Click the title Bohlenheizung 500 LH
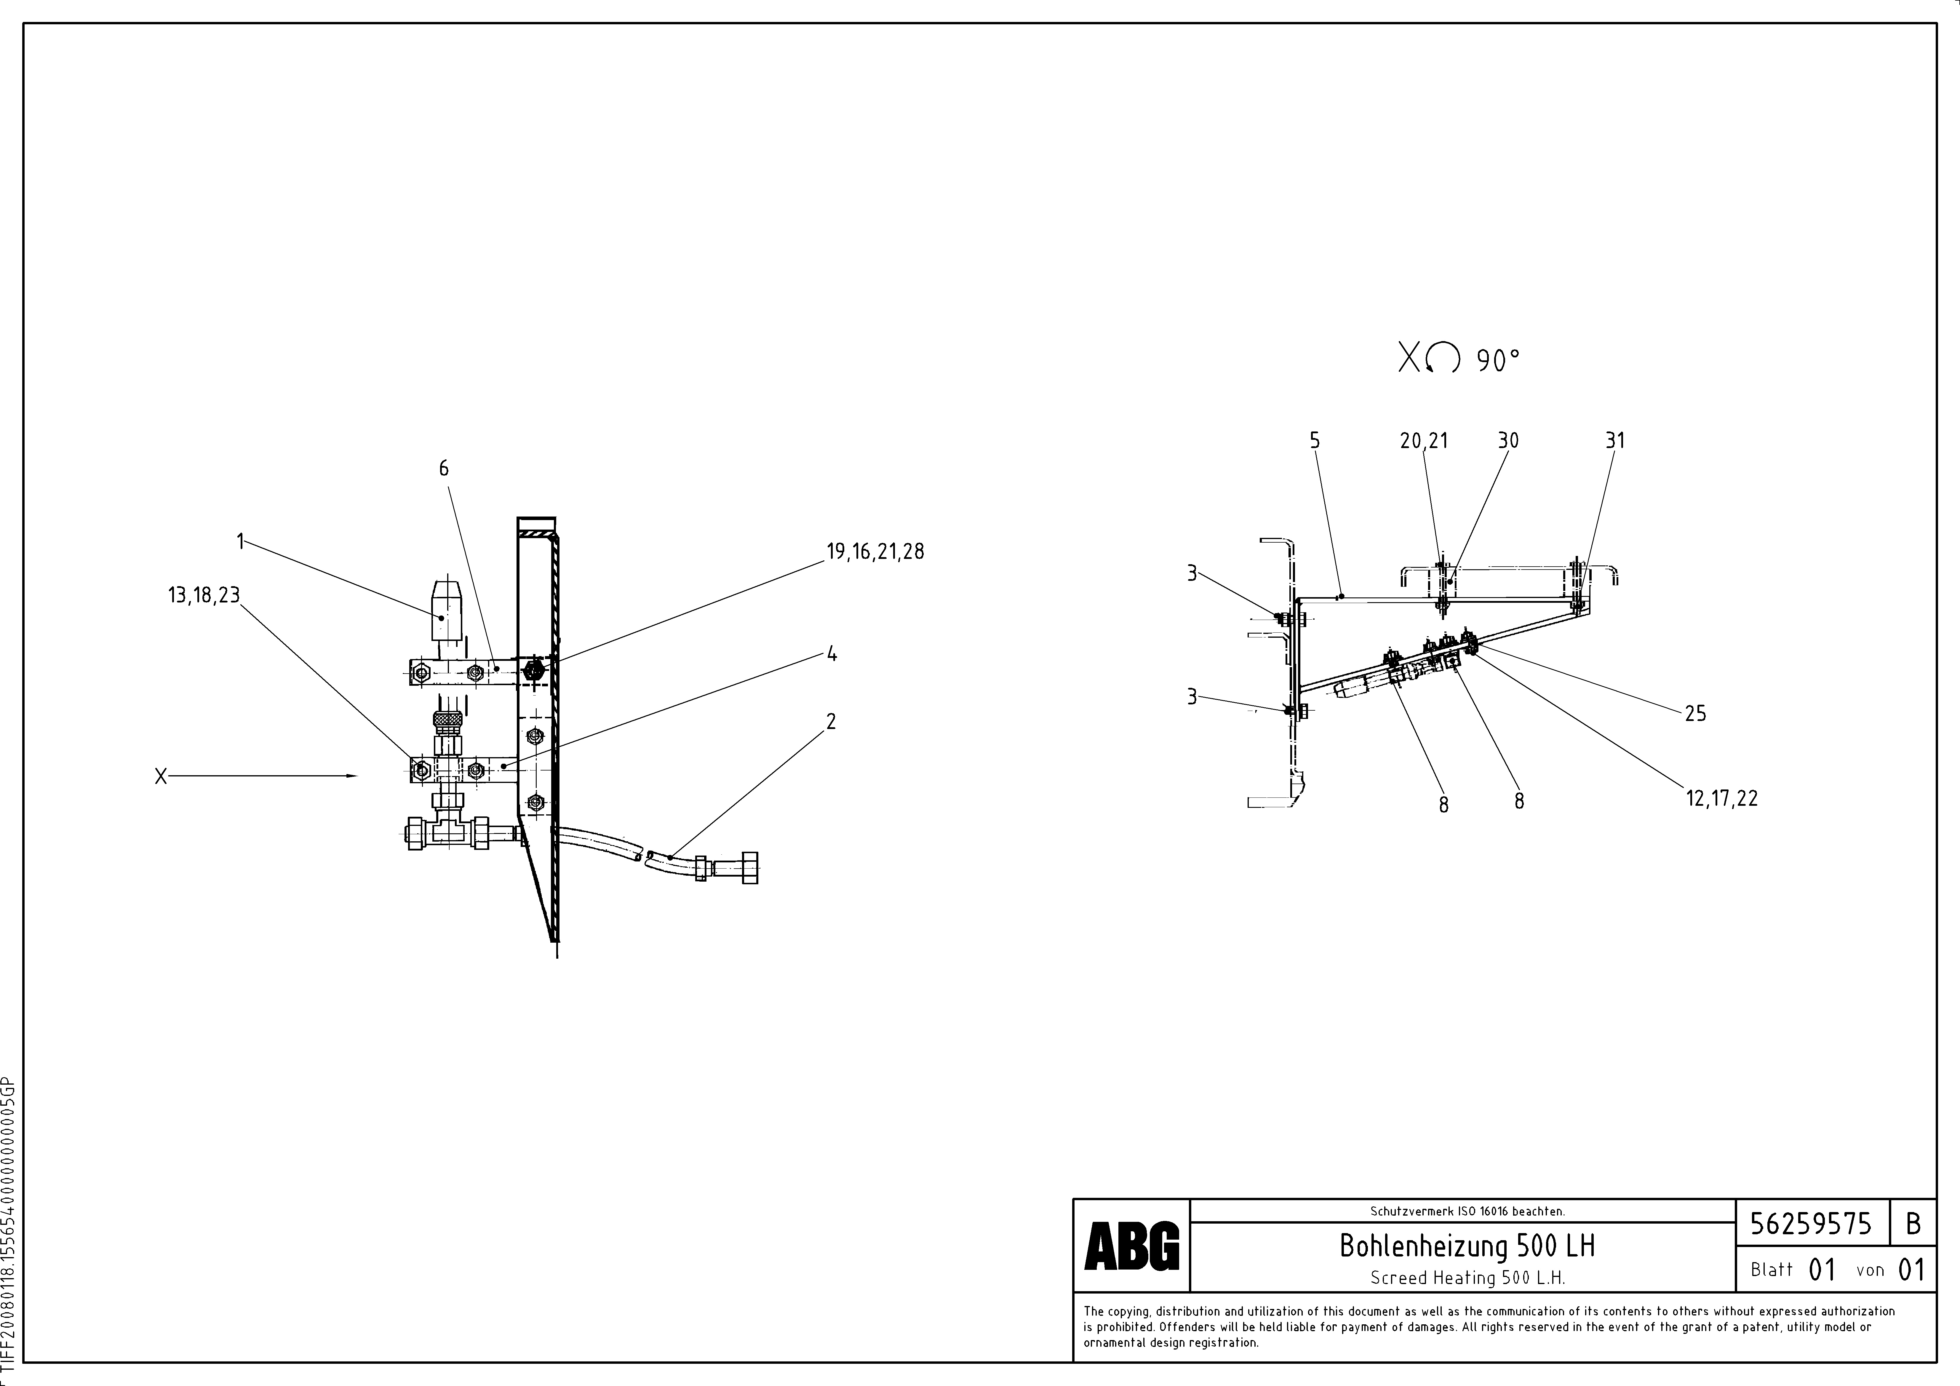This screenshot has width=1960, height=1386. pyautogui.click(x=1467, y=1246)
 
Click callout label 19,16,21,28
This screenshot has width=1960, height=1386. pyautogui.click(x=875, y=551)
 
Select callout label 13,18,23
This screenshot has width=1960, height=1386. pyautogui.click(x=204, y=595)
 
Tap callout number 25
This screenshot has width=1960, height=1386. pyautogui.click(x=1695, y=714)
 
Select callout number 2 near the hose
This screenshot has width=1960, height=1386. pyautogui.click(x=831, y=721)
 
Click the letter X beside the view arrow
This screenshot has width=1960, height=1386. pyautogui.click(x=161, y=777)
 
